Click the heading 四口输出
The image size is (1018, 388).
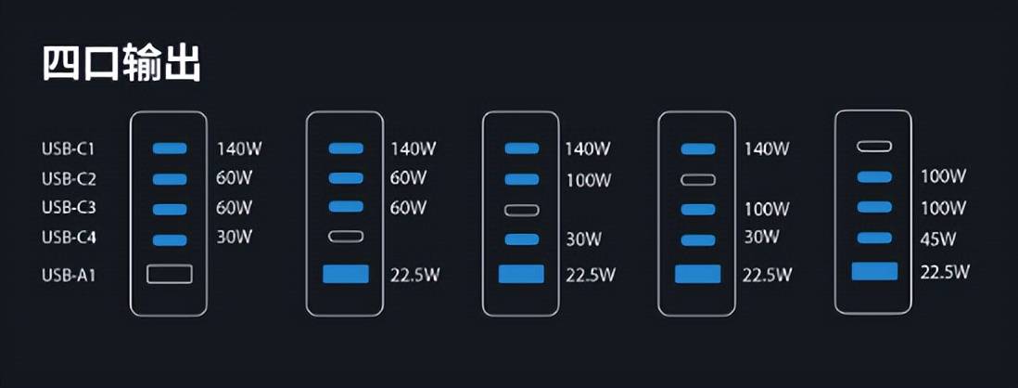pyautogui.click(x=121, y=62)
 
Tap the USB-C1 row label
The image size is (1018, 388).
pyautogui.click(x=69, y=149)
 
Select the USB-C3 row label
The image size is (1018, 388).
pyautogui.click(x=69, y=208)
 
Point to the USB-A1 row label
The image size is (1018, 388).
pyautogui.click(x=69, y=276)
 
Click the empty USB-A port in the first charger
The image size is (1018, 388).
pyautogui.click(x=170, y=274)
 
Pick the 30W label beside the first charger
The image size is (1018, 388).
pyautogui.click(x=234, y=238)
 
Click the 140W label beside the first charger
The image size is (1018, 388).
pyautogui.click(x=238, y=149)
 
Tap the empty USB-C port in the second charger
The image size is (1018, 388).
pyautogui.click(x=346, y=237)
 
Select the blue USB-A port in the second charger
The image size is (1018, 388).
pyautogui.click(x=346, y=274)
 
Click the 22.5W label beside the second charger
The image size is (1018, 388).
pyautogui.click(x=414, y=275)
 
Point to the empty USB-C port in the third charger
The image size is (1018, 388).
pyautogui.click(x=522, y=210)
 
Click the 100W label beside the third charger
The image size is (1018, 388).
pyautogui.click(x=588, y=179)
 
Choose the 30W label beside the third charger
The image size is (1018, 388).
pyautogui.click(x=584, y=239)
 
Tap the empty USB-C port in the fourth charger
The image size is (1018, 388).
pyautogui.click(x=698, y=179)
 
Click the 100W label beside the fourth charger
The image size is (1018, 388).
pyautogui.click(x=768, y=209)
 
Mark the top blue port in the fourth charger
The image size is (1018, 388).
pyautogui.click(x=698, y=149)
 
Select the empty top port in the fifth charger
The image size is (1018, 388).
pyautogui.click(x=874, y=147)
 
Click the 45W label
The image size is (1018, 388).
pyautogui.click(x=938, y=239)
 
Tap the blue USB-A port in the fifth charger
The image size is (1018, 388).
pyautogui.click(x=874, y=271)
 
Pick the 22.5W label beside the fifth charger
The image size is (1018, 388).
pyautogui.click(x=945, y=272)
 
